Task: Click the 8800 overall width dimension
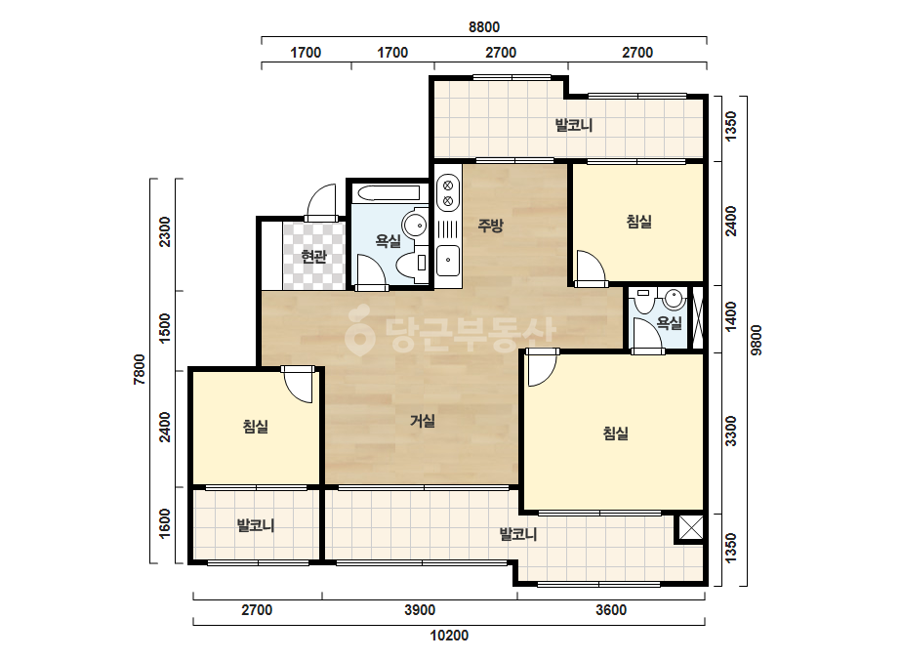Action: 484,27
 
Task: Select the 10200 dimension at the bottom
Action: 449,636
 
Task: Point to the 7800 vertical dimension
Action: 140,369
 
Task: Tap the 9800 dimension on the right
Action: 757,340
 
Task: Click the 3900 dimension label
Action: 420,610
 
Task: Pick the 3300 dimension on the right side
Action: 730,432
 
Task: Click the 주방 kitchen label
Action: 490,226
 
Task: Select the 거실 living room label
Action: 423,421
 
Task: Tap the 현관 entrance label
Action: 313,256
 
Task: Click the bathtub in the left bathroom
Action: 389,193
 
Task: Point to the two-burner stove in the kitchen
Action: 448,193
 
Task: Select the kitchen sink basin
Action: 448,261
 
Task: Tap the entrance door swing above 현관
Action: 321,202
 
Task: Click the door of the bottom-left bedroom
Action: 299,384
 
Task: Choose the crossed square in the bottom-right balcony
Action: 690,528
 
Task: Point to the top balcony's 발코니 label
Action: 573,125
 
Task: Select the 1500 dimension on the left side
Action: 165,328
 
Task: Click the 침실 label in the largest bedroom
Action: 615,433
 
